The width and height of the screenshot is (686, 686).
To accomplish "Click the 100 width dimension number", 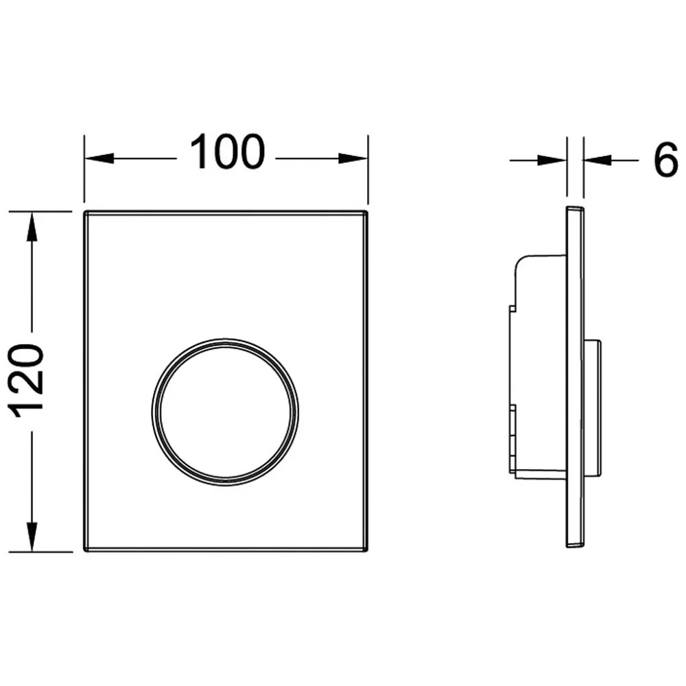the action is [x=227, y=152].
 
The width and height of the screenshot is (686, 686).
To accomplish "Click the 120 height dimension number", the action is [x=27, y=380].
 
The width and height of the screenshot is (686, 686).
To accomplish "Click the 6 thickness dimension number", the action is [x=665, y=160].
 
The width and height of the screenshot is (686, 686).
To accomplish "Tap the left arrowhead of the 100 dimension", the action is [x=99, y=158].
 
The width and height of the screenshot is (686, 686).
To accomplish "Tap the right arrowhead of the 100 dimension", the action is [x=353, y=158].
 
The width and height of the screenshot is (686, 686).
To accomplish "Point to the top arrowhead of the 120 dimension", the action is [x=32, y=226].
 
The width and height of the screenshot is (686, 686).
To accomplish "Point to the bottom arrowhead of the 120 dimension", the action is [x=32, y=536].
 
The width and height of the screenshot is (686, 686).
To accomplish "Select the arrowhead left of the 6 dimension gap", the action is [x=552, y=161].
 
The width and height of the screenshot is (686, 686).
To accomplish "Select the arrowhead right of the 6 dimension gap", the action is [x=598, y=161].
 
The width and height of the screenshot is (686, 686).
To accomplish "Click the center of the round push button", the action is [x=225, y=412].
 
